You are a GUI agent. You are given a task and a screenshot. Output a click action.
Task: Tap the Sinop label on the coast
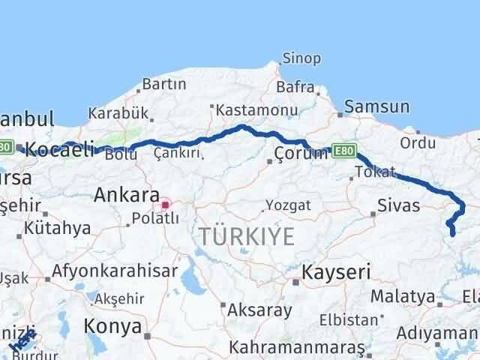(x=301, y=58)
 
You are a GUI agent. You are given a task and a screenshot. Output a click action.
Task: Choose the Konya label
(x=112, y=326)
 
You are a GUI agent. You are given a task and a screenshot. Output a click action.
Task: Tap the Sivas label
(x=398, y=205)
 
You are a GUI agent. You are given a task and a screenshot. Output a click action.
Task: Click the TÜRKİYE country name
(x=247, y=236)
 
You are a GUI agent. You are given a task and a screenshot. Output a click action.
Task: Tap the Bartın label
(x=163, y=83)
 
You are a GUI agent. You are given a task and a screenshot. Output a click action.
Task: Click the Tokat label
(x=374, y=172)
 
